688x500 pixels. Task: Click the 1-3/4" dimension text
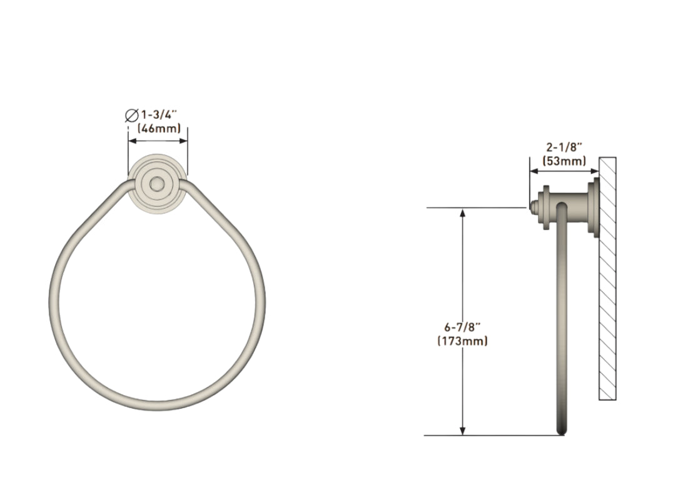click(160, 115)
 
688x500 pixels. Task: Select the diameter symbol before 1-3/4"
click(131, 115)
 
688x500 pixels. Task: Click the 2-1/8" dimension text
click(564, 147)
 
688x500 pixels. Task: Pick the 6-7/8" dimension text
click(462, 327)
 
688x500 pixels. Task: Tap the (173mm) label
click(462, 341)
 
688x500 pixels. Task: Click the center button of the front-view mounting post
click(157, 184)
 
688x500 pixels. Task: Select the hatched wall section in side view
click(607, 278)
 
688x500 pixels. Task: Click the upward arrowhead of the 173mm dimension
click(463, 213)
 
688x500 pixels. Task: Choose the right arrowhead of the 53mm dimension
click(595, 169)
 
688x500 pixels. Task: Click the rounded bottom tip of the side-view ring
click(562, 431)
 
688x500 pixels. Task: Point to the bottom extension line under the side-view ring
click(494, 435)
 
